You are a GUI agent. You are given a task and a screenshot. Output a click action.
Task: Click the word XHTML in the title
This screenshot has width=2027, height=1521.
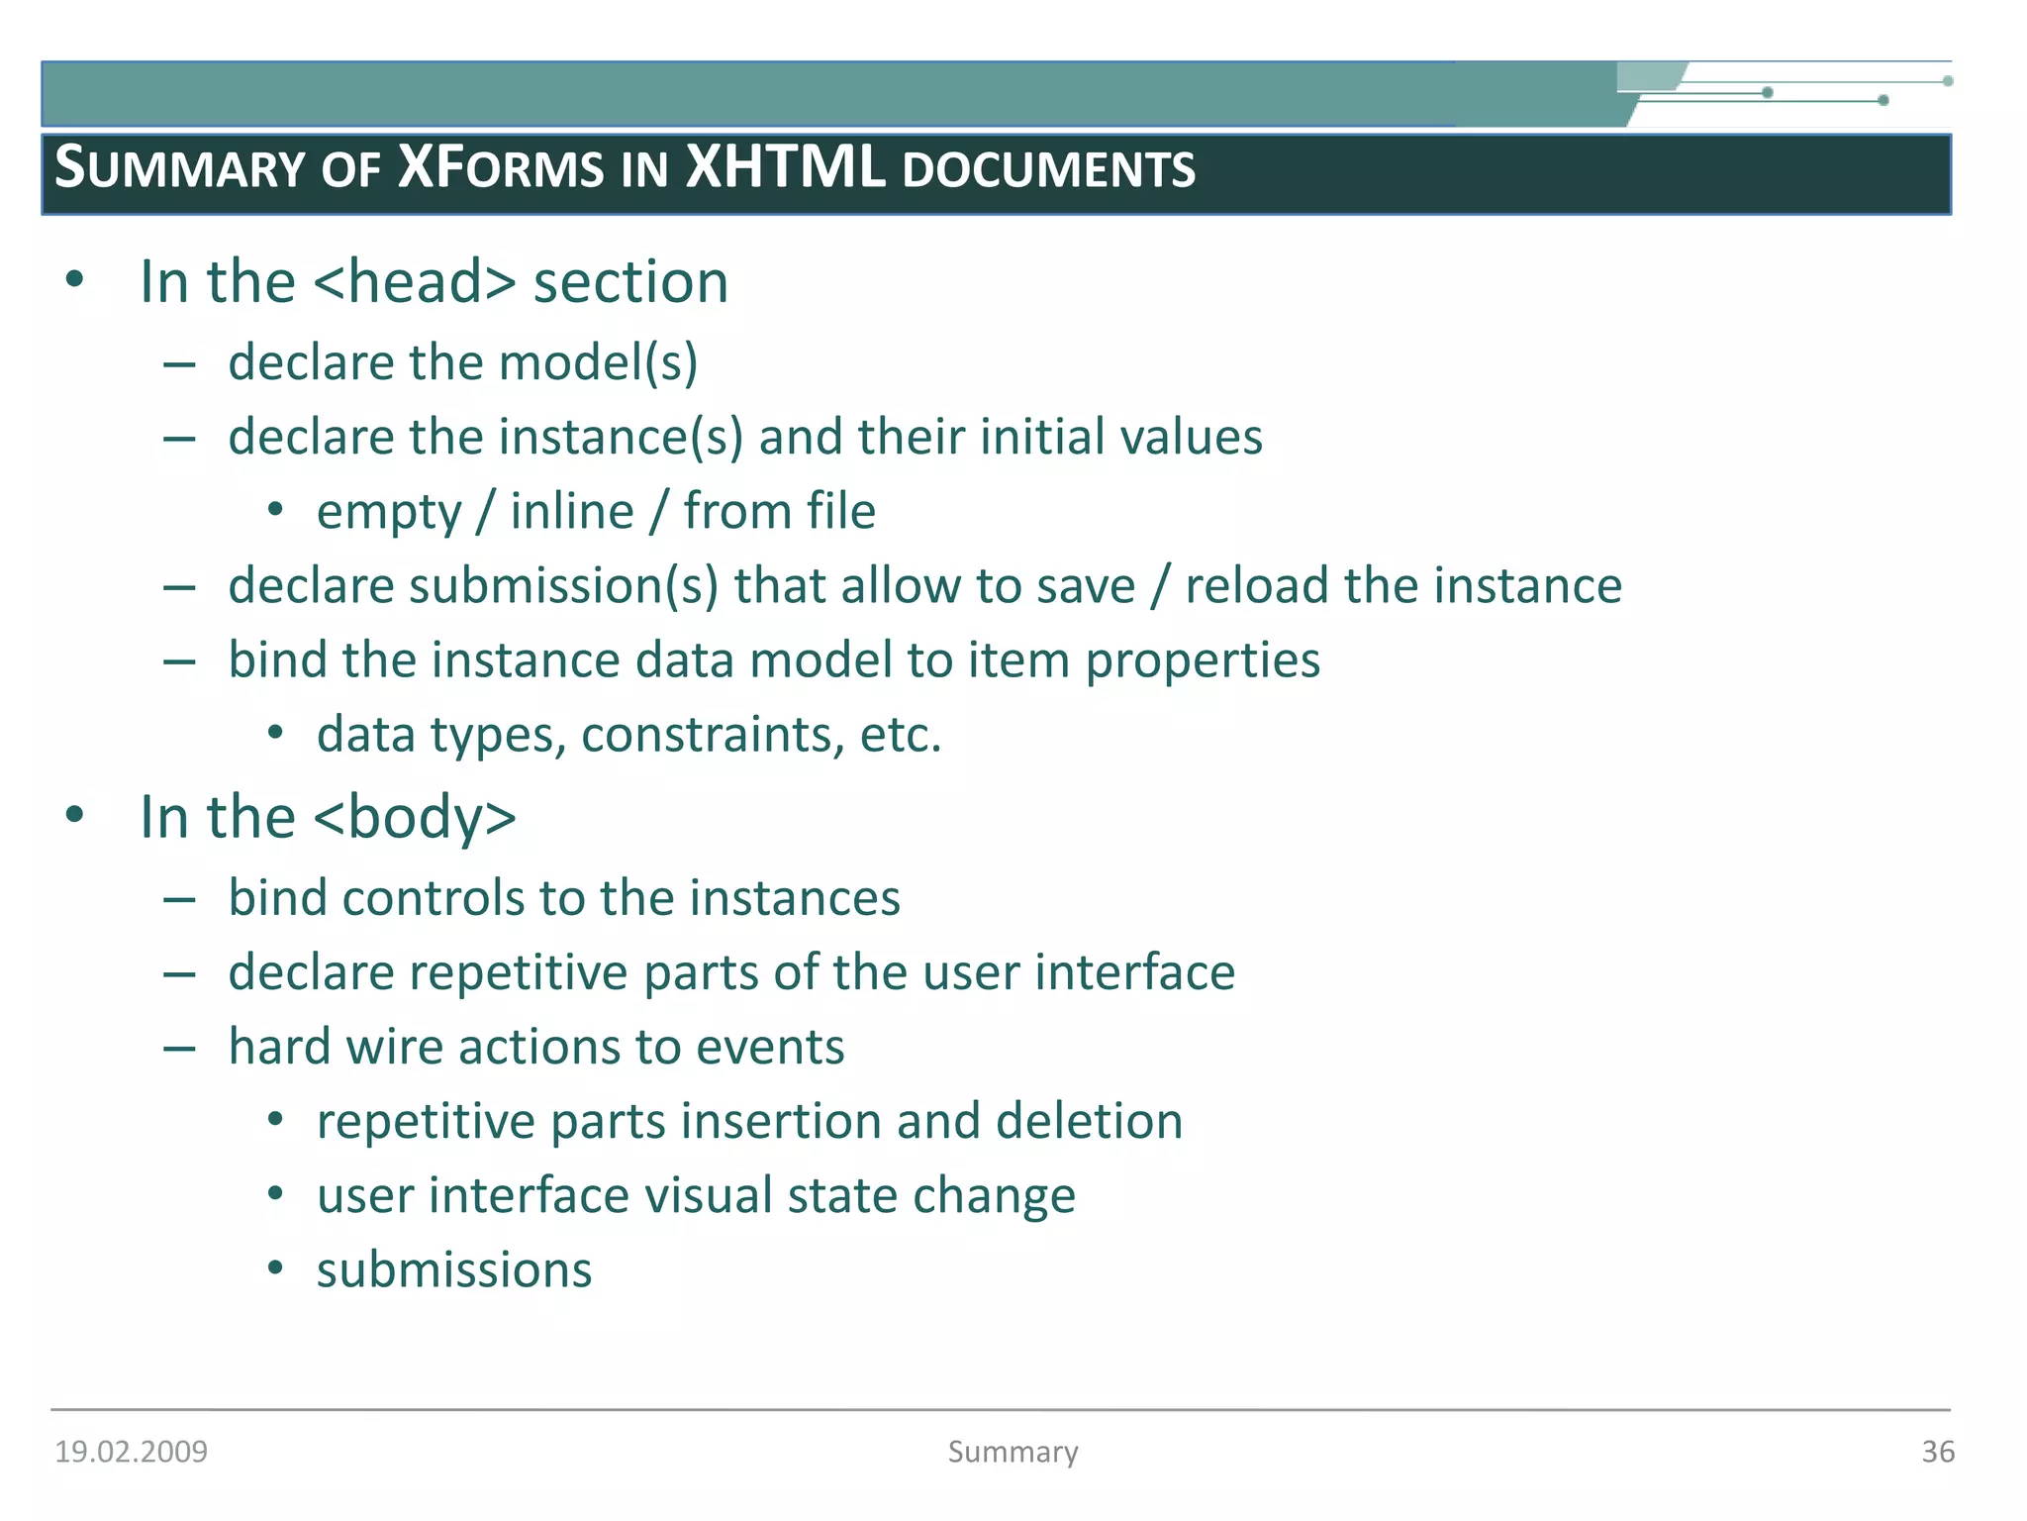tap(785, 167)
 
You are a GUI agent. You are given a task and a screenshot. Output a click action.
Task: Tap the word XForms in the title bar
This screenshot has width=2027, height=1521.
tap(500, 167)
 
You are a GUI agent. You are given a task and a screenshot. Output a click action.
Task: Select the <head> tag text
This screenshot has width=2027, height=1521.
tap(415, 282)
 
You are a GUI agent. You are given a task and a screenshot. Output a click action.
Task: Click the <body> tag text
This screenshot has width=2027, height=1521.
tap(415, 818)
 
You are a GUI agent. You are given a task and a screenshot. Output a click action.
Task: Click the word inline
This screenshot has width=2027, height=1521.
tap(571, 512)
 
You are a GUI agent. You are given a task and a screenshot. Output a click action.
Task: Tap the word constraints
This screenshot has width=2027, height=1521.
tap(713, 736)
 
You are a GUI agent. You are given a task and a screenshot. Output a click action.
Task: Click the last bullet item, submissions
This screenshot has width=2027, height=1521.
tap(454, 1271)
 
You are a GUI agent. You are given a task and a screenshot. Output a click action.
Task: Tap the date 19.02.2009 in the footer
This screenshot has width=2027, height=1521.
tap(131, 1452)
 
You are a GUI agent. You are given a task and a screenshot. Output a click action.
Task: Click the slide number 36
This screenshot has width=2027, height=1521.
tap(1938, 1452)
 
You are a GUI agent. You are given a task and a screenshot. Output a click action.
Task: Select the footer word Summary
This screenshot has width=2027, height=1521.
tap(1013, 1452)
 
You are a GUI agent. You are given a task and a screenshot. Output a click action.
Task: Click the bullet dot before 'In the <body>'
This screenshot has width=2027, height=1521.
tap(74, 816)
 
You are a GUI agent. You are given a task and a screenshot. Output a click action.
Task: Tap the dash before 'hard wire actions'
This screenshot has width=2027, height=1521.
tap(179, 1048)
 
